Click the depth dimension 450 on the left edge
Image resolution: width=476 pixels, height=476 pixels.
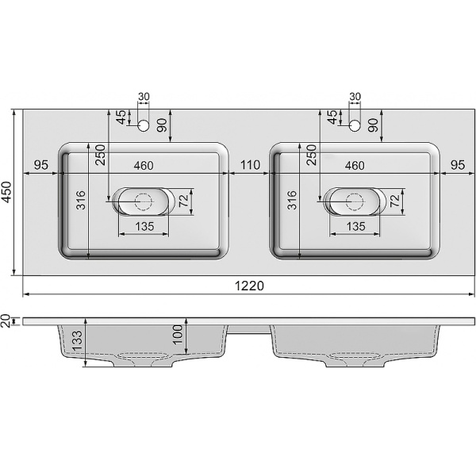8,193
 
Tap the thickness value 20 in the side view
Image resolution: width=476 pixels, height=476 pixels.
7,321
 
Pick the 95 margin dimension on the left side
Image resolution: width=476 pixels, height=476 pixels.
42,165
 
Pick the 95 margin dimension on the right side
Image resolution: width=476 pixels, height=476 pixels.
458,165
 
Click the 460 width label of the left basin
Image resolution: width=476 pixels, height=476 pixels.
143,165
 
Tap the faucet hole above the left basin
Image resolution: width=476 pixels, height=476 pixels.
144,125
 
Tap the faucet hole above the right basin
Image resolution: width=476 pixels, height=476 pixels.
355,125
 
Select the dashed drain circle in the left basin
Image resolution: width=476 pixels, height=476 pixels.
144,202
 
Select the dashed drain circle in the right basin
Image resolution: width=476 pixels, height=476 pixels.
355,202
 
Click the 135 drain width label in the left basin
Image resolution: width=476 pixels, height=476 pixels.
144,227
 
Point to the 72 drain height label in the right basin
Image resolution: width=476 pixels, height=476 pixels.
397,202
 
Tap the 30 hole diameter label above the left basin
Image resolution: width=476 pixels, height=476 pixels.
144,97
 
